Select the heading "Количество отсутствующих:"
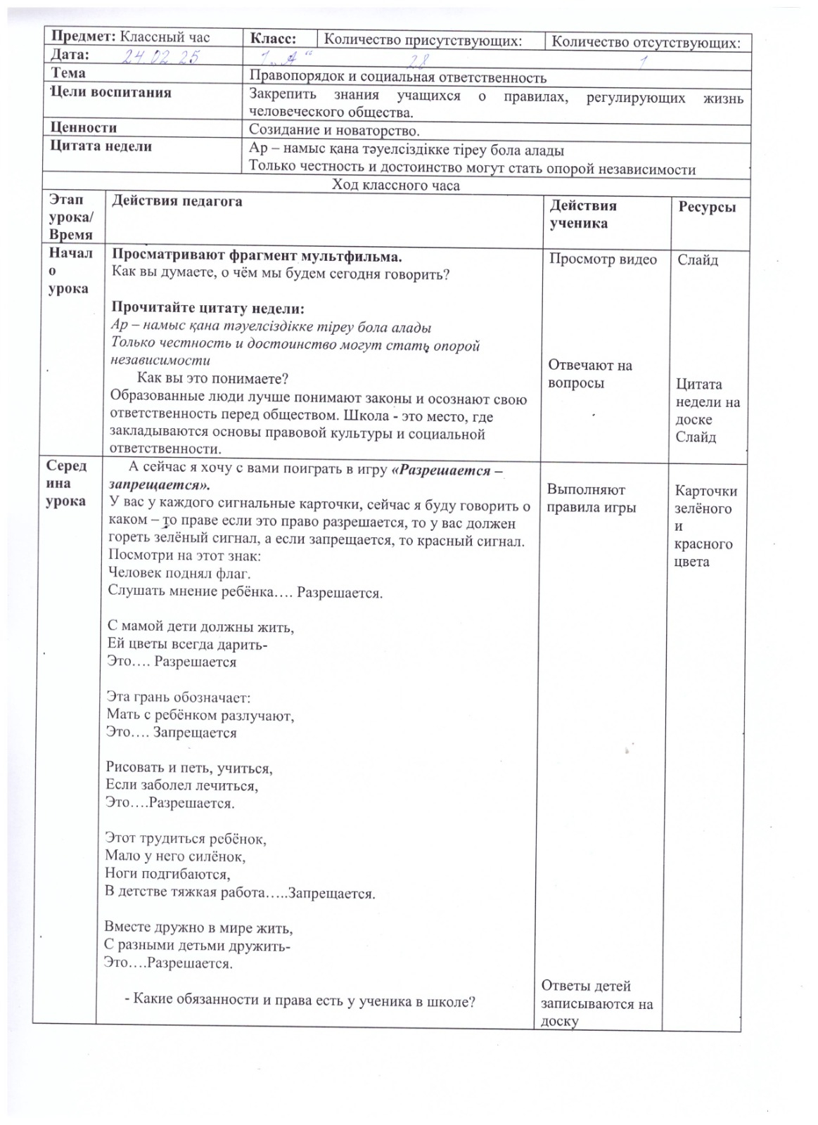[x=646, y=42]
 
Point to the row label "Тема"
[x=68, y=73]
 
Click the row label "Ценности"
[x=84, y=128]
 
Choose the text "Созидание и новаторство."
[x=334, y=130]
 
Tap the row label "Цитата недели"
[x=101, y=147]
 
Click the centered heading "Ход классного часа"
[x=396, y=186]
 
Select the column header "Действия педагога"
[x=177, y=202]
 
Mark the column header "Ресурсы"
[x=707, y=207]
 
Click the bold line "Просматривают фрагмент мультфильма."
[x=257, y=256]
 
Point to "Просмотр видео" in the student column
[x=603, y=259]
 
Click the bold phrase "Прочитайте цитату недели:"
[x=208, y=309]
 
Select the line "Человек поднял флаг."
[x=179, y=573]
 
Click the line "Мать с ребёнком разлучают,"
[x=200, y=716]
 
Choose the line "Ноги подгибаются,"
[x=167, y=875]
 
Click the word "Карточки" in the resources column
[x=705, y=491]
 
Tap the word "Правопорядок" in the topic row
[x=297, y=77]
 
